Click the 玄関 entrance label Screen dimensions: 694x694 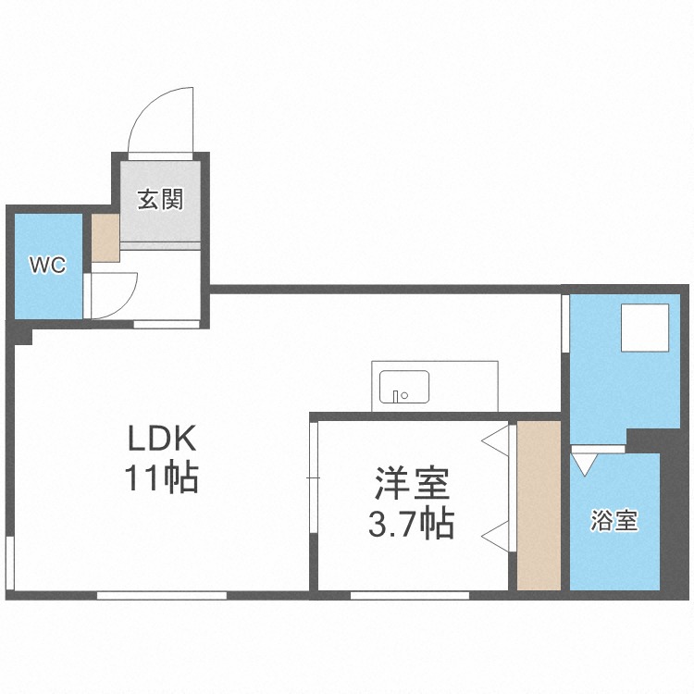coord(161,199)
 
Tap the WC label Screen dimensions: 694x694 coord(47,266)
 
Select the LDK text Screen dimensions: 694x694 coord(163,438)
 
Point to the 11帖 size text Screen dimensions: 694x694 coord(163,477)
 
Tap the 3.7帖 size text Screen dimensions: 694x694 coord(411,525)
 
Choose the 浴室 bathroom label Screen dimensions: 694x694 coord(614,521)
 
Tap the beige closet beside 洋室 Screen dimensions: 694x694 coord(539,505)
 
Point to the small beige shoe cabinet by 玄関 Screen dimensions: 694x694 coord(105,239)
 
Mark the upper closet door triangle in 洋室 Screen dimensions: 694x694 coord(497,440)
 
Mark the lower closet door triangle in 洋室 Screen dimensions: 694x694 coord(497,535)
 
